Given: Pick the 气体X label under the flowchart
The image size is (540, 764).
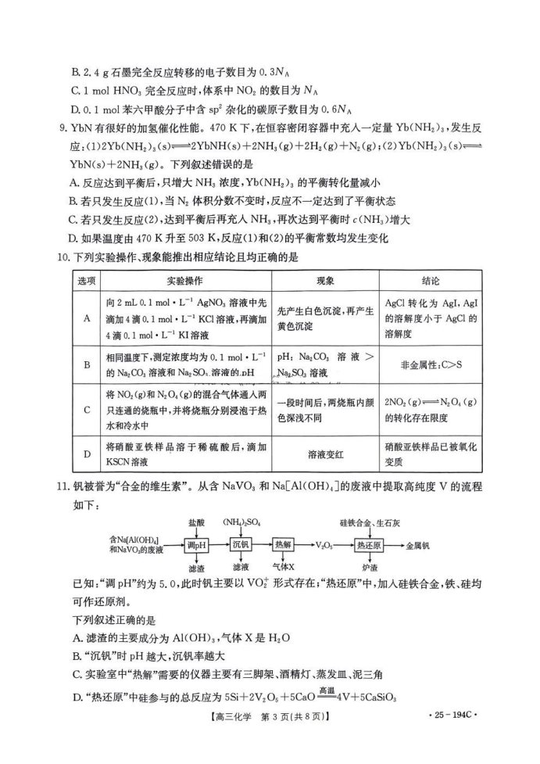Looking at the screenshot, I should click(x=283, y=566).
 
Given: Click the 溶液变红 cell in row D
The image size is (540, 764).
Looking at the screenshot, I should click(x=324, y=453).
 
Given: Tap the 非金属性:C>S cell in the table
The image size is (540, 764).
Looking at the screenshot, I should click(x=430, y=363).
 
